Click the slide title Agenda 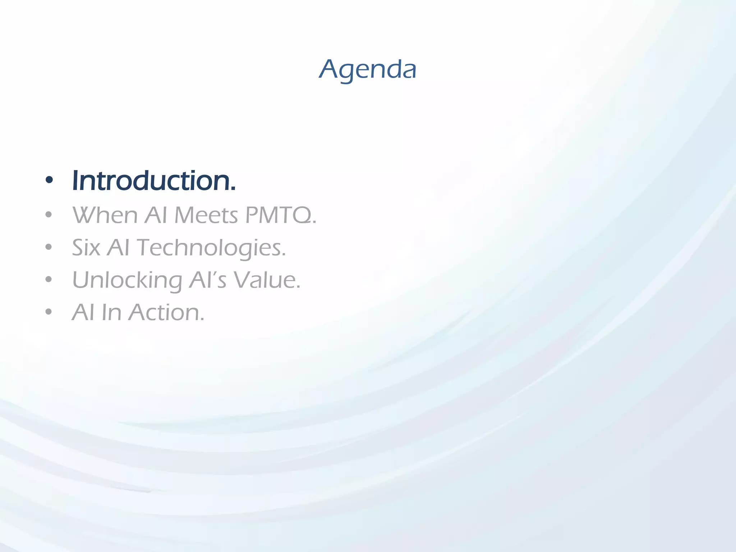(x=368, y=69)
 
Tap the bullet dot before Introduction (x=49, y=180)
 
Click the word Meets (x=206, y=215)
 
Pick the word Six (x=86, y=248)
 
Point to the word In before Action (x=111, y=312)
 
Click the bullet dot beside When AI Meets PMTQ (x=49, y=215)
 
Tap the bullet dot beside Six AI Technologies (x=49, y=248)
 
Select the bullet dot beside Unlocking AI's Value (x=49, y=280)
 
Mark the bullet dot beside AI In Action (x=49, y=312)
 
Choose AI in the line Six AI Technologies (x=118, y=248)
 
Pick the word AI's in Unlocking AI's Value (x=207, y=280)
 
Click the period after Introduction (x=233, y=189)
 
